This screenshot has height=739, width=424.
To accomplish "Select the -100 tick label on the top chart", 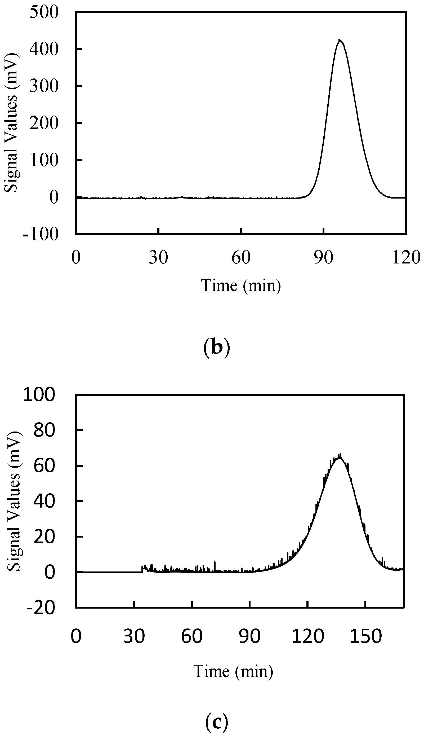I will (41, 234).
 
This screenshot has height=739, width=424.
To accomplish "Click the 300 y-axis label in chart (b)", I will (44, 86).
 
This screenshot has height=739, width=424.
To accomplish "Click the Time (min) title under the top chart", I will (241, 285).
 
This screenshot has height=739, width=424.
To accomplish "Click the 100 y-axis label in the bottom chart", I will (39, 395).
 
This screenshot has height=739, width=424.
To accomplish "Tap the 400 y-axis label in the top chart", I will (44, 49).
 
